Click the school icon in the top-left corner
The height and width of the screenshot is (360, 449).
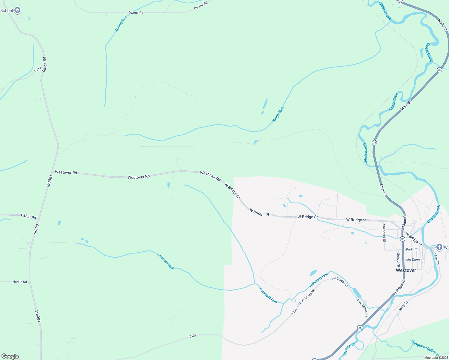17,10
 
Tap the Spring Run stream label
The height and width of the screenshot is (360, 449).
121,24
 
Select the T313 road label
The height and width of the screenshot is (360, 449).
38,70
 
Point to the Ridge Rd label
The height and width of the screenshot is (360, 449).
44,64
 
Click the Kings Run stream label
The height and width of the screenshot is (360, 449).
278,114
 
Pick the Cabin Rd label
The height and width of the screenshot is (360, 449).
28,216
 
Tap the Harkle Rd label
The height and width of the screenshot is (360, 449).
20,282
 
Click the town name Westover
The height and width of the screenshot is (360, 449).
406,270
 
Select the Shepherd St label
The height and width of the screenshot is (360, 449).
384,233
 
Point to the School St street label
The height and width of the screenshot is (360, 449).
398,260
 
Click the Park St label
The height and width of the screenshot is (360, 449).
411,249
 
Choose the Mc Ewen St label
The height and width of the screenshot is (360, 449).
415,259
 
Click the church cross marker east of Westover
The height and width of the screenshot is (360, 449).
439,247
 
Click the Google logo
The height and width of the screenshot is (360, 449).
10,356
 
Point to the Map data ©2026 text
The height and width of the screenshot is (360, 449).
436,358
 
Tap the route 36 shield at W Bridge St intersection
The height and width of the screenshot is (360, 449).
402,239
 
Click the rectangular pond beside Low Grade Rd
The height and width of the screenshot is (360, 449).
357,292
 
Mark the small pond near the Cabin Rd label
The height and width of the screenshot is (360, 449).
59,223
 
